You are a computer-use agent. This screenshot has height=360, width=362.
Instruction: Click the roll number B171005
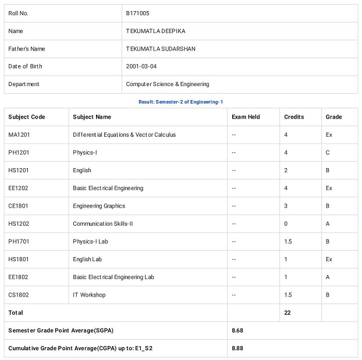(x=137, y=13)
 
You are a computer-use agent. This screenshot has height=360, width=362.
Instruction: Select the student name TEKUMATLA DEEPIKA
(x=155, y=31)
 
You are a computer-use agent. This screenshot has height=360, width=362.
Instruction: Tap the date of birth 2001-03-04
(x=141, y=66)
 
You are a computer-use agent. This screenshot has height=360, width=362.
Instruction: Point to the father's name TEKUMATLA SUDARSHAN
(x=161, y=49)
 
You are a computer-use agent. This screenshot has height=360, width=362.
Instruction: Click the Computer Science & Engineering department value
(x=168, y=84)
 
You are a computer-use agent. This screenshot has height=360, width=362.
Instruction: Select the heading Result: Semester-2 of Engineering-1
(x=180, y=102)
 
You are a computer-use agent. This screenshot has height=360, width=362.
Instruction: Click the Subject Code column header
(x=27, y=117)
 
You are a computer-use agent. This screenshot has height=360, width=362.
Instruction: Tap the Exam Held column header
(x=246, y=117)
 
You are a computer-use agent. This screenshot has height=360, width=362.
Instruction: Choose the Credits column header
(x=294, y=117)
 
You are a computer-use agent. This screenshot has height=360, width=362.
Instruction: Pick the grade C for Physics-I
(x=328, y=153)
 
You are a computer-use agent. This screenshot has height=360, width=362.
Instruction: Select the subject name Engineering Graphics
(x=99, y=206)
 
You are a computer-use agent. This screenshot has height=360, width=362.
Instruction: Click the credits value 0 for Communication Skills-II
(x=286, y=224)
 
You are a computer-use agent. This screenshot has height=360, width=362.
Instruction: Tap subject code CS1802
(x=19, y=295)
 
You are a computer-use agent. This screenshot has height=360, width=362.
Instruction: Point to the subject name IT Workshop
(x=89, y=295)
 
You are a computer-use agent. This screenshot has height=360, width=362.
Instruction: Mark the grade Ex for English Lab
(x=329, y=259)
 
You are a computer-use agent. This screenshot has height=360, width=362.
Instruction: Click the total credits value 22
(x=288, y=313)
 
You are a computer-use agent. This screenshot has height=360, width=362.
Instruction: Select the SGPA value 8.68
(x=237, y=330)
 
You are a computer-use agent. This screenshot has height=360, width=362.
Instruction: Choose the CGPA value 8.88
(x=237, y=348)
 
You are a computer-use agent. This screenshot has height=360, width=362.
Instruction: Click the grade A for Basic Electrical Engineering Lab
(x=328, y=277)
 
